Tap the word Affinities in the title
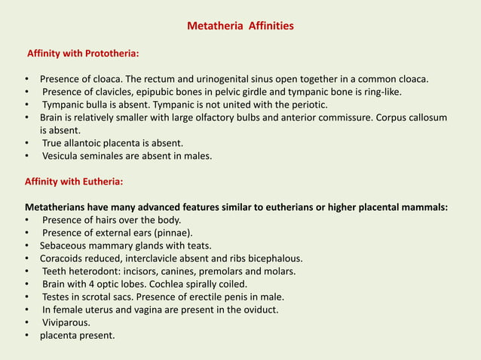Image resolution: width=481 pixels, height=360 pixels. pos(269,27)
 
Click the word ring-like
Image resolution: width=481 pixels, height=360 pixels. pos(381,92)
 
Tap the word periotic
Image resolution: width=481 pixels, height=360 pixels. pos(308,105)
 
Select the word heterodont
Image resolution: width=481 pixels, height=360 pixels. pos(96,271)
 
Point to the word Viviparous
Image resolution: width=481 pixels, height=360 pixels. pos(66,322)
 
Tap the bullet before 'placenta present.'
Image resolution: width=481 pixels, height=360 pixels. pos(28,335)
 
